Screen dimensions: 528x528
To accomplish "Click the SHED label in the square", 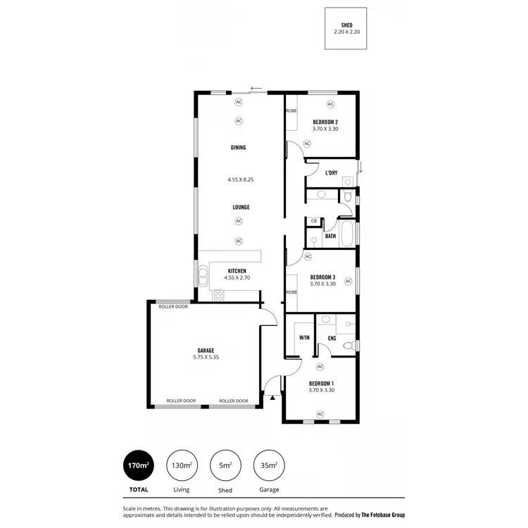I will pos(346,25).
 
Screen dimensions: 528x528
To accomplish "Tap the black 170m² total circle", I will pos(138,465).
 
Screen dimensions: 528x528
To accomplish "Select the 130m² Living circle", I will pos(182,465).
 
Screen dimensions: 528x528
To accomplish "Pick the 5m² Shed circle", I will pos(225,465).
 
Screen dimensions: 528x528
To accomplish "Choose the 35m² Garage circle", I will pos(269,465).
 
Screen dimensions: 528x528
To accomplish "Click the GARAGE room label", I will pos(206,351).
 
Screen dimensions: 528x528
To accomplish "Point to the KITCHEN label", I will pos(237,271).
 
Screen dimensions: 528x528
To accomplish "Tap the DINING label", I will pos(239,148).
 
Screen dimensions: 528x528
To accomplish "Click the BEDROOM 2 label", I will pos(325,122).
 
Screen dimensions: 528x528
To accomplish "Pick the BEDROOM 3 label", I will pos(322,277).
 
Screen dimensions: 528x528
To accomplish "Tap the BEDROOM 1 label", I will pos(321,383).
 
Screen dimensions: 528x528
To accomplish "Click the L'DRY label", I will pos(331,172).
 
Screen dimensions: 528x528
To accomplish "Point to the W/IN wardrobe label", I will pos(304,338).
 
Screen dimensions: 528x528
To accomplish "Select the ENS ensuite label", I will pos(332,338).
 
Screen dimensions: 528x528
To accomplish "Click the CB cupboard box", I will pos(313,221).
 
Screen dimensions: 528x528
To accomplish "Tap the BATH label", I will pos(330,236).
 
